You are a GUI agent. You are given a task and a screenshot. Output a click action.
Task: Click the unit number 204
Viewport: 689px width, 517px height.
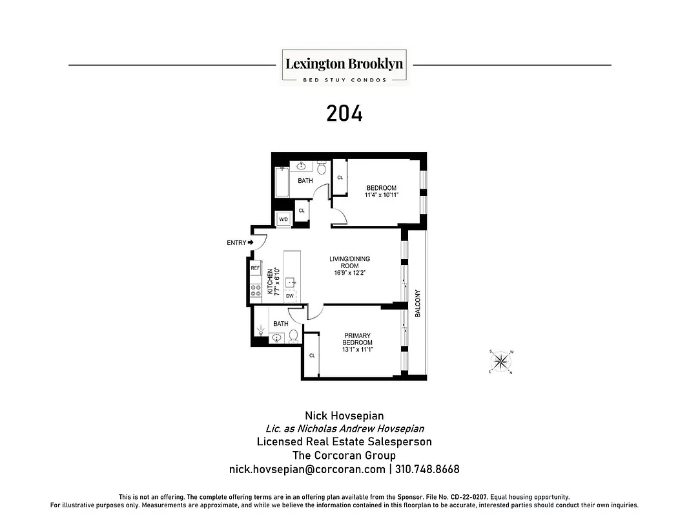(x=344, y=114)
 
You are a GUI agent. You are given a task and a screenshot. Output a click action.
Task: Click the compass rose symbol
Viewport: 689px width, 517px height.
(x=501, y=361)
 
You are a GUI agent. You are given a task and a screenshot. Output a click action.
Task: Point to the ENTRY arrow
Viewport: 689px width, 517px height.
(x=251, y=243)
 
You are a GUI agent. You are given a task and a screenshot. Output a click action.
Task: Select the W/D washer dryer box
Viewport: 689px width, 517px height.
(x=283, y=220)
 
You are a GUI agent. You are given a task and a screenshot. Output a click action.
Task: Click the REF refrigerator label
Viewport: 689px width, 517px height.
(x=255, y=268)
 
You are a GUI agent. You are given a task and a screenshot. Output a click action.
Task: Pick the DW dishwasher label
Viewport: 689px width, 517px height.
(x=290, y=296)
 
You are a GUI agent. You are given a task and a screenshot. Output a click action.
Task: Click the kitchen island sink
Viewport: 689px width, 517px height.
(x=291, y=282)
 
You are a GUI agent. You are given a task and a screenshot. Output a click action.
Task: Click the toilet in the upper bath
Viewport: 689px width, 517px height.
(x=322, y=168)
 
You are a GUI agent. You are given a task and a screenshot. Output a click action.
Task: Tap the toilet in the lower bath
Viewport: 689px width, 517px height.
(x=293, y=335)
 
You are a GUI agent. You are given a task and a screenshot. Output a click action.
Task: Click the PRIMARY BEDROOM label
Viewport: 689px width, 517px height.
(x=356, y=339)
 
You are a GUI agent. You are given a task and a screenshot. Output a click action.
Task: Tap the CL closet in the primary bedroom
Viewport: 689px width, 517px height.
(x=311, y=355)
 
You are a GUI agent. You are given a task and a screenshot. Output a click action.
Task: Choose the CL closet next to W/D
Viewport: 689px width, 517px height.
(x=301, y=211)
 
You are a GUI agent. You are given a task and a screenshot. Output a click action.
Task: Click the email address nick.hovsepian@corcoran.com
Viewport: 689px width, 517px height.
(x=307, y=469)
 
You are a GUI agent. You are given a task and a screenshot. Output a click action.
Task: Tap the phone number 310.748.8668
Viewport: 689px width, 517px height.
(x=427, y=469)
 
